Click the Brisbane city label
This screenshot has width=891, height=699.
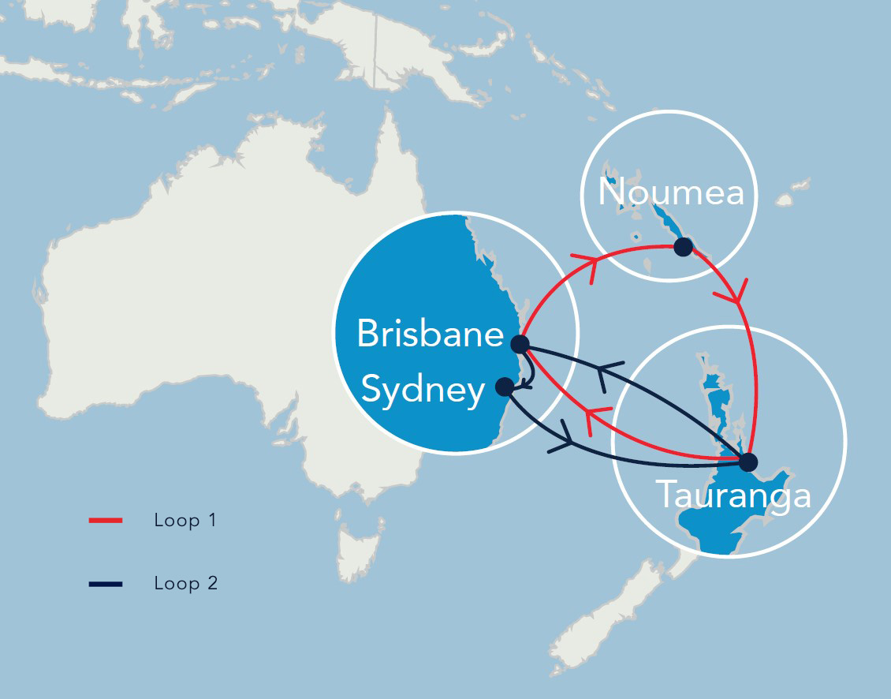pyautogui.click(x=430, y=334)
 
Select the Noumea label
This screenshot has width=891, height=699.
pyautogui.click(x=671, y=192)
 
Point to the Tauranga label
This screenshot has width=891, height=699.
pyautogui.click(x=733, y=495)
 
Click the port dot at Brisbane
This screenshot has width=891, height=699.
pyautogui.click(x=520, y=344)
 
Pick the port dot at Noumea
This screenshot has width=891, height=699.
pyautogui.click(x=683, y=247)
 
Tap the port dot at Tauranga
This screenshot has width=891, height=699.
pyautogui.click(x=747, y=462)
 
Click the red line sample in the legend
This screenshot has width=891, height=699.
pyautogui.click(x=106, y=521)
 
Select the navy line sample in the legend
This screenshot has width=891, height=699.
pyautogui.click(x=106, y=584)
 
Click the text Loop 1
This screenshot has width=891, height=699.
pyautogui.click(x=185, y=521)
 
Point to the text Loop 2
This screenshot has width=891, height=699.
pyautogui.click(x=185, y=584)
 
